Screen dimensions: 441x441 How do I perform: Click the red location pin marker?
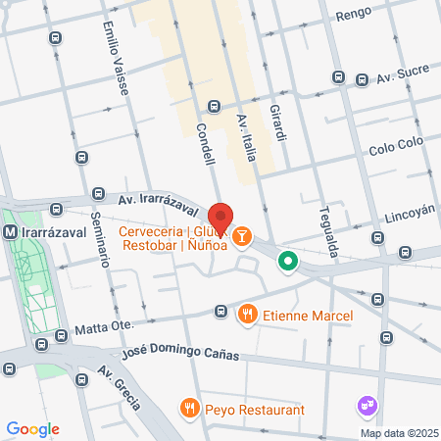click(221, 219)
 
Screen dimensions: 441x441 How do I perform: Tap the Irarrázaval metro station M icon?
click(10, 232)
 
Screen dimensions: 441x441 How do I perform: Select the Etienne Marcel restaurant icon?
click(247, 315)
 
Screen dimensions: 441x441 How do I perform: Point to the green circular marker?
click(287, 261)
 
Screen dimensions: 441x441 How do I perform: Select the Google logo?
click(32, 428)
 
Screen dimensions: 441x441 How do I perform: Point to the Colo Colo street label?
click(394, 152)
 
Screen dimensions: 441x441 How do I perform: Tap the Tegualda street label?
click(328, 231)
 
